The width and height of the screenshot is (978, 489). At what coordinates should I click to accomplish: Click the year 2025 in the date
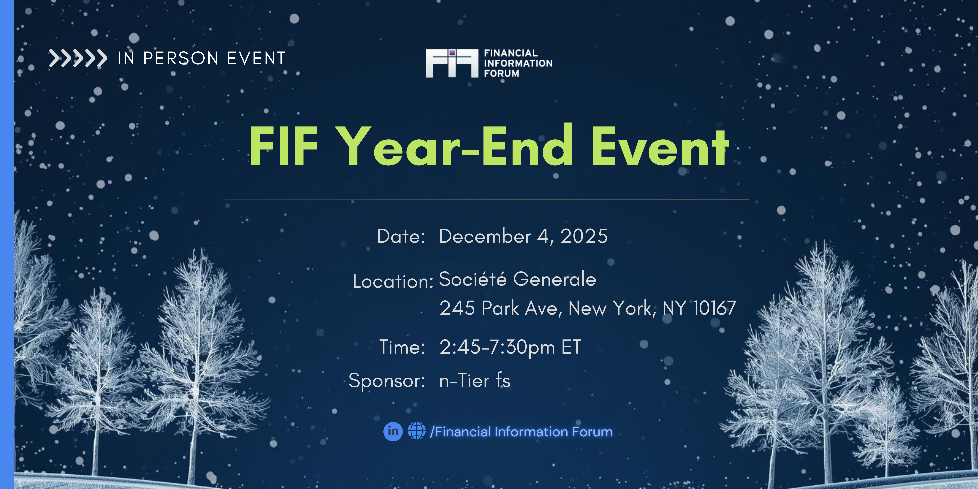pos(584,236)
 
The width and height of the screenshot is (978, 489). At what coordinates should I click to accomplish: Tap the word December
pos(485,236)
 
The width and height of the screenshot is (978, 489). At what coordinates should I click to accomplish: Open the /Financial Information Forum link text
pos(521,432)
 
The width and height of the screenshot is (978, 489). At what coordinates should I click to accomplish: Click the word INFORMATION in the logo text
pos(518,63)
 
